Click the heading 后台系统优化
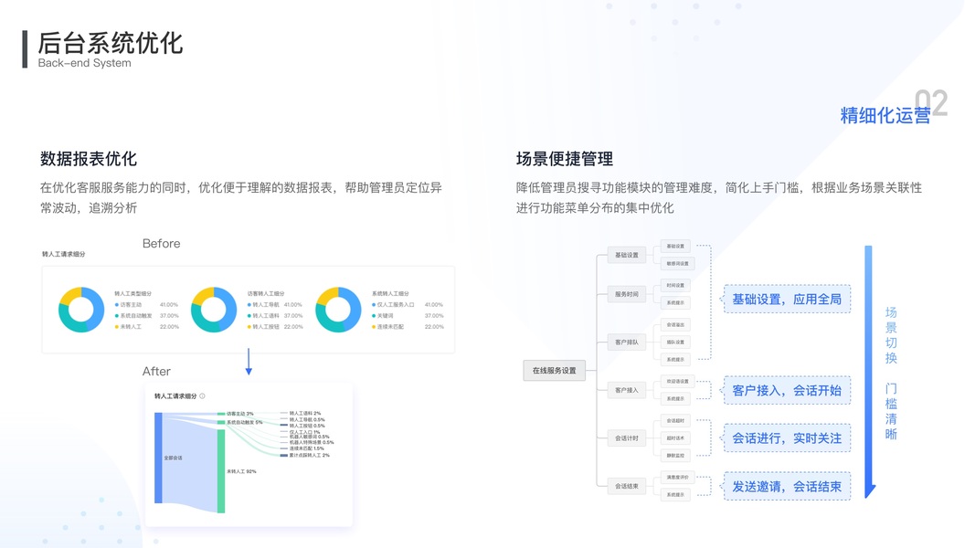point(111,42)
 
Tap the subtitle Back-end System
point(84,63)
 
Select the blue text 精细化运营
point(885,115)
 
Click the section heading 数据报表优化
point(89,159)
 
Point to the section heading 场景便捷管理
point(565,159)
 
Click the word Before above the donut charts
point(161,244)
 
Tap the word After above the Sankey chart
point(156,372)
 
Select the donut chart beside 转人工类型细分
point(81,310)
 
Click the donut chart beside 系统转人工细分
point(338,310)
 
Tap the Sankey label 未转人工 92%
point(241,471)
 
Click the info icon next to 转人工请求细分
point(203,396)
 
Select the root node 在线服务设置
point(554,370)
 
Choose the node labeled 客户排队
point(627,342)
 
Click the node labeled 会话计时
point(627,438)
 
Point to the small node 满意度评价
point(677,477)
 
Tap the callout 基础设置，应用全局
point(786,300)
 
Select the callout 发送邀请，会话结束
point(786,487)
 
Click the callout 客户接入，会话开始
point(786,391)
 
